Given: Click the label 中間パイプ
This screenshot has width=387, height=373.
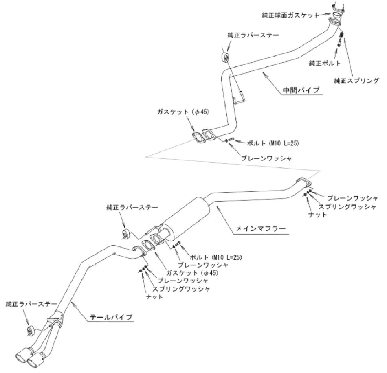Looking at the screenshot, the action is (x=301, y=90).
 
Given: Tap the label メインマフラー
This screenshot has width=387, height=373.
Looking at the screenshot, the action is (x=261, y=228).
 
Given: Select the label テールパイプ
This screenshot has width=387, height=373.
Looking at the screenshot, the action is (x=111, y=317).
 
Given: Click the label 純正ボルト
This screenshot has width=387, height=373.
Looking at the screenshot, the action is (x=325, y=63).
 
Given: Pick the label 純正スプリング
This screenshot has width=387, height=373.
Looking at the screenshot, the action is (x=356, y=81).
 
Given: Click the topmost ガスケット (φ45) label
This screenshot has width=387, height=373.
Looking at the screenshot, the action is (x=183, y=112).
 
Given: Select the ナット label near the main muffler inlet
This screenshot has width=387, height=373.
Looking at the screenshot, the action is (x=318, y=215).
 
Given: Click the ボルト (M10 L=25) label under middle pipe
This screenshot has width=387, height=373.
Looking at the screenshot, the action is (x=273, y=143).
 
